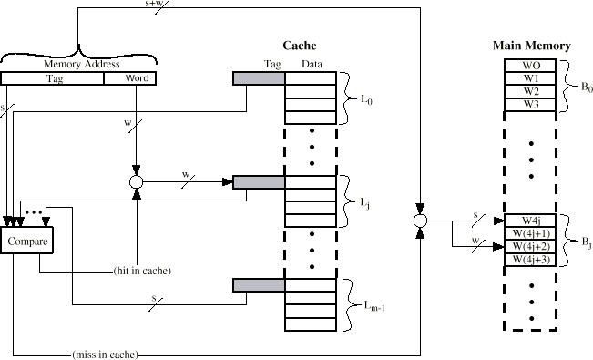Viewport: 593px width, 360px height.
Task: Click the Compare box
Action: click(x=27, y=241)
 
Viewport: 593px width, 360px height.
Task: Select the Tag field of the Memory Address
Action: click(x=53, y=78)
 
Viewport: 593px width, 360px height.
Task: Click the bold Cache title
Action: click(x=300, y=45)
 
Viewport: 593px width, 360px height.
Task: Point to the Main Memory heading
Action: click(x=531, y=45)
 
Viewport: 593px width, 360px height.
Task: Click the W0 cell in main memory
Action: click(x=530, y=66)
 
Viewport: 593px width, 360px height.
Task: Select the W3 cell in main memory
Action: click(x=530, y=104)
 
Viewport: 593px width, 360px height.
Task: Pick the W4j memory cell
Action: click(x=530, y=221)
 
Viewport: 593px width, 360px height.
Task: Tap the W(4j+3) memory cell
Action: click(x=530, y=260)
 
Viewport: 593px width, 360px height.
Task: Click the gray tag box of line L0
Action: click(x=260, y=78)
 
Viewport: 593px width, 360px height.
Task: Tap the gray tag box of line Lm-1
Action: click(x=260, y=285)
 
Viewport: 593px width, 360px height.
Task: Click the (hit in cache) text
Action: click(x=143, y=272)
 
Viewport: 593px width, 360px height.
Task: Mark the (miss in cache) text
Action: click(x=102, y=354)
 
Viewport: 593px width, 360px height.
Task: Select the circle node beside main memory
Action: click(x=420, y=221)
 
